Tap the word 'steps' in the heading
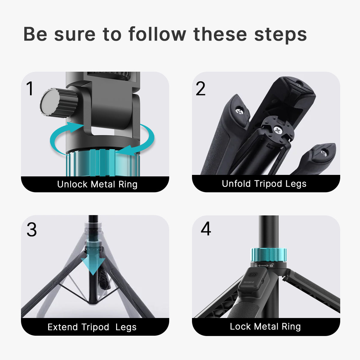(x=280, y=34)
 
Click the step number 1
(x=30, y=88)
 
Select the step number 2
(x=200, y=88)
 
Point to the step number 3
(x=31, y=230)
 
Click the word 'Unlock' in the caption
(x=72, y=184)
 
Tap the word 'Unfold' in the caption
(x=236, y=184)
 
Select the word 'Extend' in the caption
(x=63, y=327)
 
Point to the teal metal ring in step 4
(x=269, y=255)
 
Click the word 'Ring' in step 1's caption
(x=128, y=184)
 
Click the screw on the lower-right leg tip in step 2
(x=323, y=153)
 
